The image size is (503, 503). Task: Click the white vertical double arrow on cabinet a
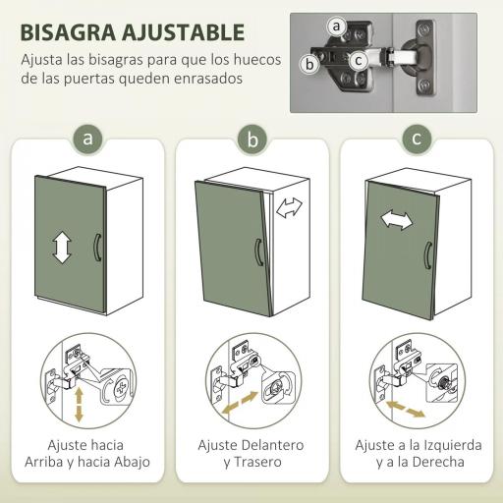coord(62,247)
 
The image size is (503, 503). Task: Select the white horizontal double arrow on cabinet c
coord(397,219)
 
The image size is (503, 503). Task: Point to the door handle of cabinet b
coord(257,253)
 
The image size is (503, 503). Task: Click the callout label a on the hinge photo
coord(337,26)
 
